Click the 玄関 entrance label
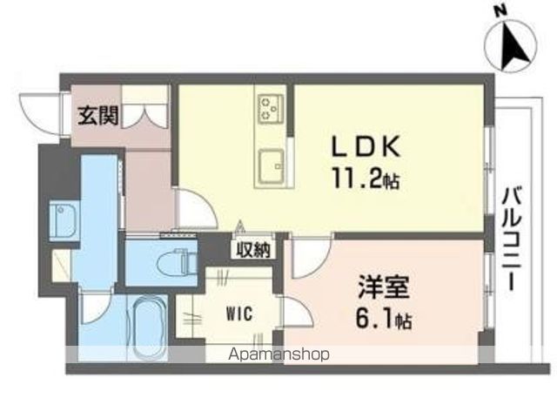98,116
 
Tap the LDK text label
366,146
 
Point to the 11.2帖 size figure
366,179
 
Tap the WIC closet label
240,314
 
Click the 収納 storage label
253,250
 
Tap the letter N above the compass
501,12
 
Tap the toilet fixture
177,262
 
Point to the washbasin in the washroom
64,220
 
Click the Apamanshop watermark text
279,354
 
